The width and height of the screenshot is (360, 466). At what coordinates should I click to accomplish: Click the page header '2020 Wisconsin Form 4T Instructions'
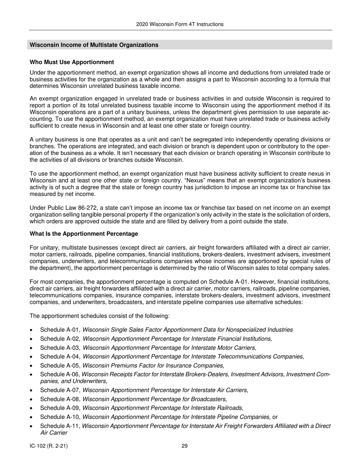(x=180, y=24)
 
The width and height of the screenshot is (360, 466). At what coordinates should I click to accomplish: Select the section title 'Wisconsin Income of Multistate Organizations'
(x=94, y=45)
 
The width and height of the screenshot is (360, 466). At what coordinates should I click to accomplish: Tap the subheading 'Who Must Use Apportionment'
(x=72, y=62)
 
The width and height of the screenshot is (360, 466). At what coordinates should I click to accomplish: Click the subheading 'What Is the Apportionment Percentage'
(x=84, y=233)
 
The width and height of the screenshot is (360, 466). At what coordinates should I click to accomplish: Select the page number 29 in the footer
(x=184, y=446)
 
